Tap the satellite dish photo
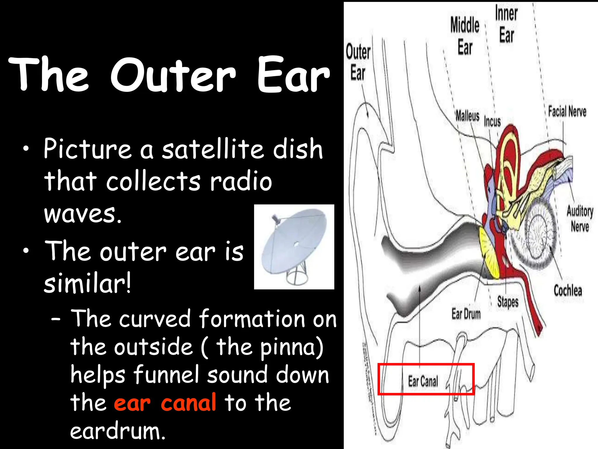pos(294,247)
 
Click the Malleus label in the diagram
pos(467,116)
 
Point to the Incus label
pos(492,121)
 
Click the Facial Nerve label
pos(567,112)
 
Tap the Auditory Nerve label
pos(580,219)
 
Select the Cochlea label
pos(568,291)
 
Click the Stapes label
pos(508,301)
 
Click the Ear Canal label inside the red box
pos(423,381)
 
